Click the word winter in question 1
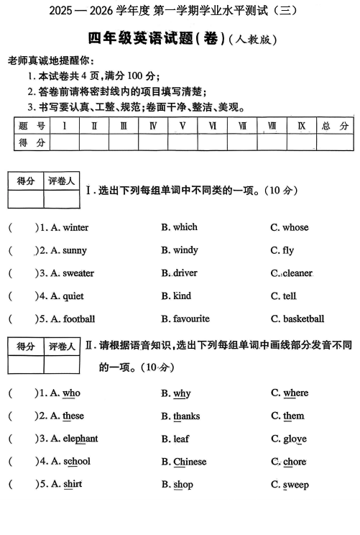75,228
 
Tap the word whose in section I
295,228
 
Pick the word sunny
75,251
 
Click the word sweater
78,274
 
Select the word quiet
73,296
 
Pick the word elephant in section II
80,439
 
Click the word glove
295,439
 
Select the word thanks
186,416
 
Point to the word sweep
295,485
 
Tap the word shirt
73,485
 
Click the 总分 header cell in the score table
335,126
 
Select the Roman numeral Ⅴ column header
183,126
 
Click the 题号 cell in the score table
32,126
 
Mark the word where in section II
295,393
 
